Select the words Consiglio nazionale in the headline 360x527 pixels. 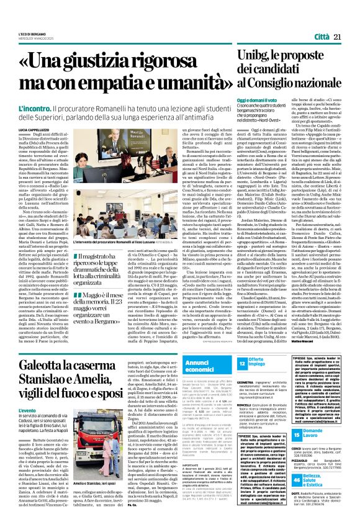click(297, 81)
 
